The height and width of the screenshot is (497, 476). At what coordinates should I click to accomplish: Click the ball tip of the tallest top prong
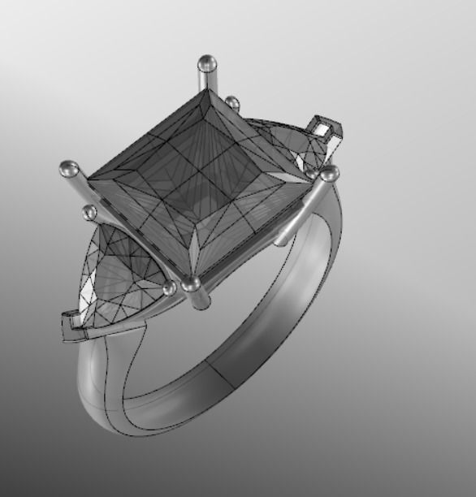pos(207,62)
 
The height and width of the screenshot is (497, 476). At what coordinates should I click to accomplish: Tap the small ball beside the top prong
pos(232,103)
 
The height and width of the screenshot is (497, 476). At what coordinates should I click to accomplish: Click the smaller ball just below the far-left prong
pos(89,213)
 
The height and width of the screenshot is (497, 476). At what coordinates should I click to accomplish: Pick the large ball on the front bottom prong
pos(192,283)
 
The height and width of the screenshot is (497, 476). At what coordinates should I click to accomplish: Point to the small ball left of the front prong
pos(169,288)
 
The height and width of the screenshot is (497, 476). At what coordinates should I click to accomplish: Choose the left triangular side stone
pos(122,276)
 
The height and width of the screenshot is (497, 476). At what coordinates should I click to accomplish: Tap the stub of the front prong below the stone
pos(200,300)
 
